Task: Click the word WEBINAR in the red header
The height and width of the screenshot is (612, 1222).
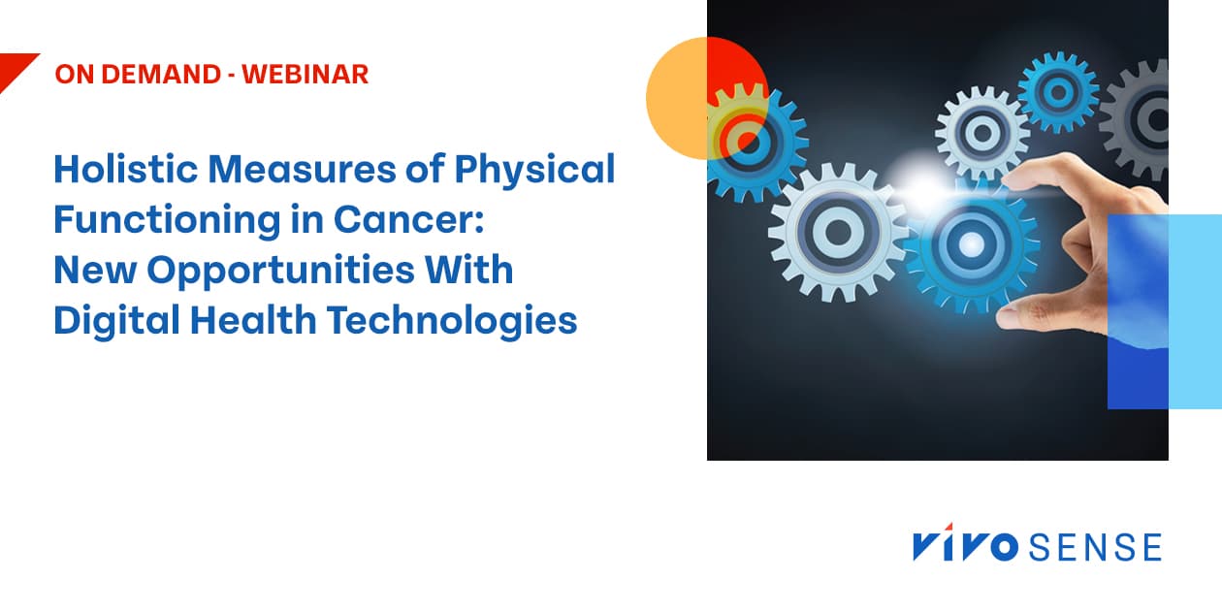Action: (305, 75)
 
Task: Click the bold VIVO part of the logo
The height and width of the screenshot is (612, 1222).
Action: (964, 547)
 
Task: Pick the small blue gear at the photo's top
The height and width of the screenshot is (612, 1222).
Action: (1058, 91)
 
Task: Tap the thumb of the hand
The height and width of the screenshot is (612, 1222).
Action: (1018, 312)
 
